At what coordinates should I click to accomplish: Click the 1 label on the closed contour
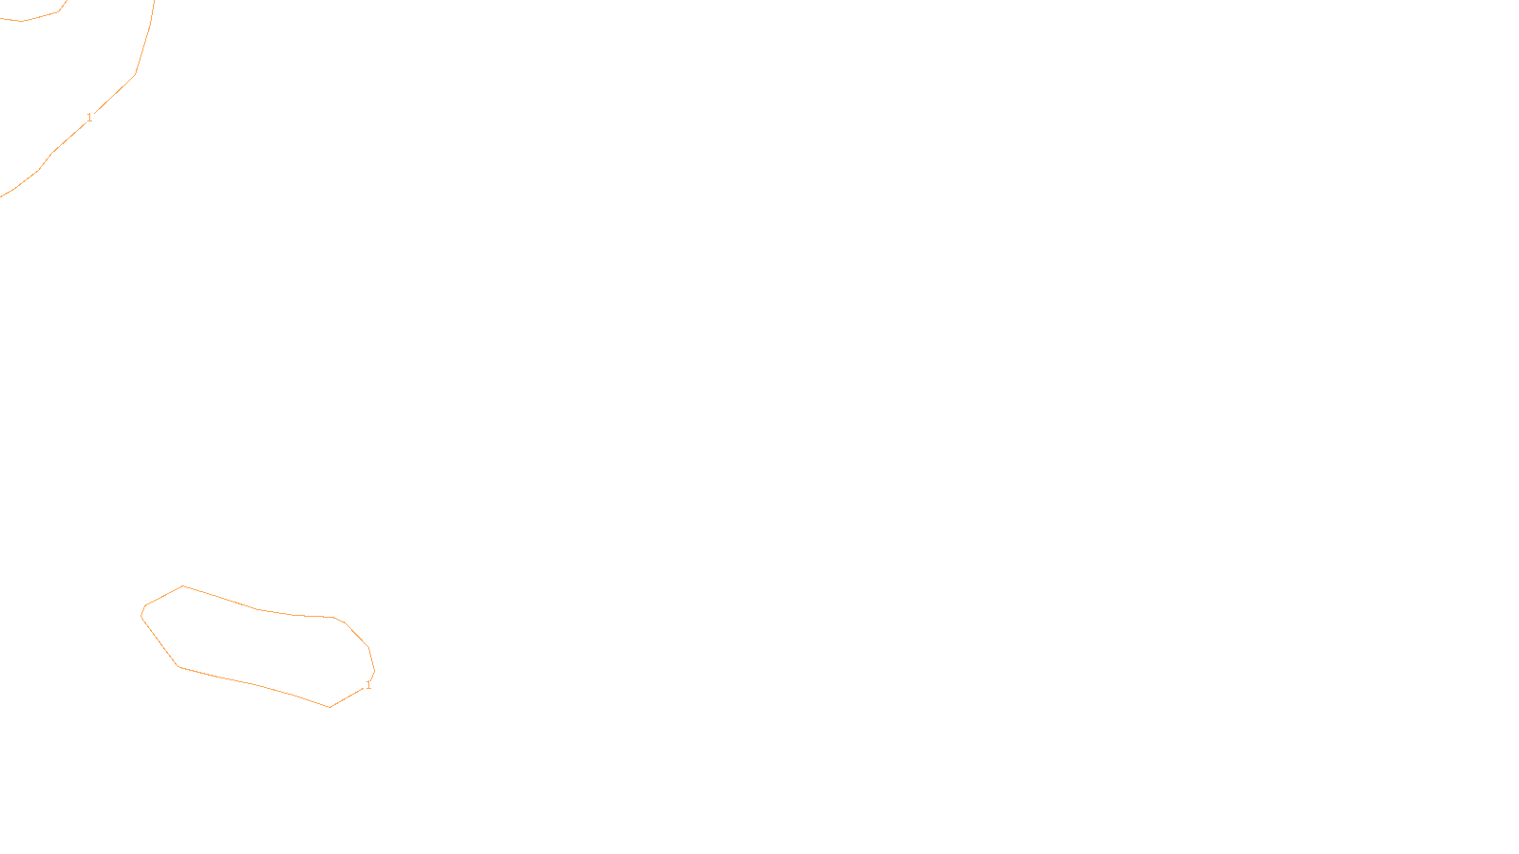368,685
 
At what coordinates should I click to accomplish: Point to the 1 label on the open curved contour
89,118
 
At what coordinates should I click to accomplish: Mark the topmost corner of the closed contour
183,585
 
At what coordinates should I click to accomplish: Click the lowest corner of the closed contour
329,707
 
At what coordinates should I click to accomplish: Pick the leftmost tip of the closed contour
141,615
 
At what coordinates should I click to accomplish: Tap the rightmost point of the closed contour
374,671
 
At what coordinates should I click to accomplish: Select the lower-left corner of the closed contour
178,667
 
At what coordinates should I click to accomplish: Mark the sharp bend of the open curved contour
135,73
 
